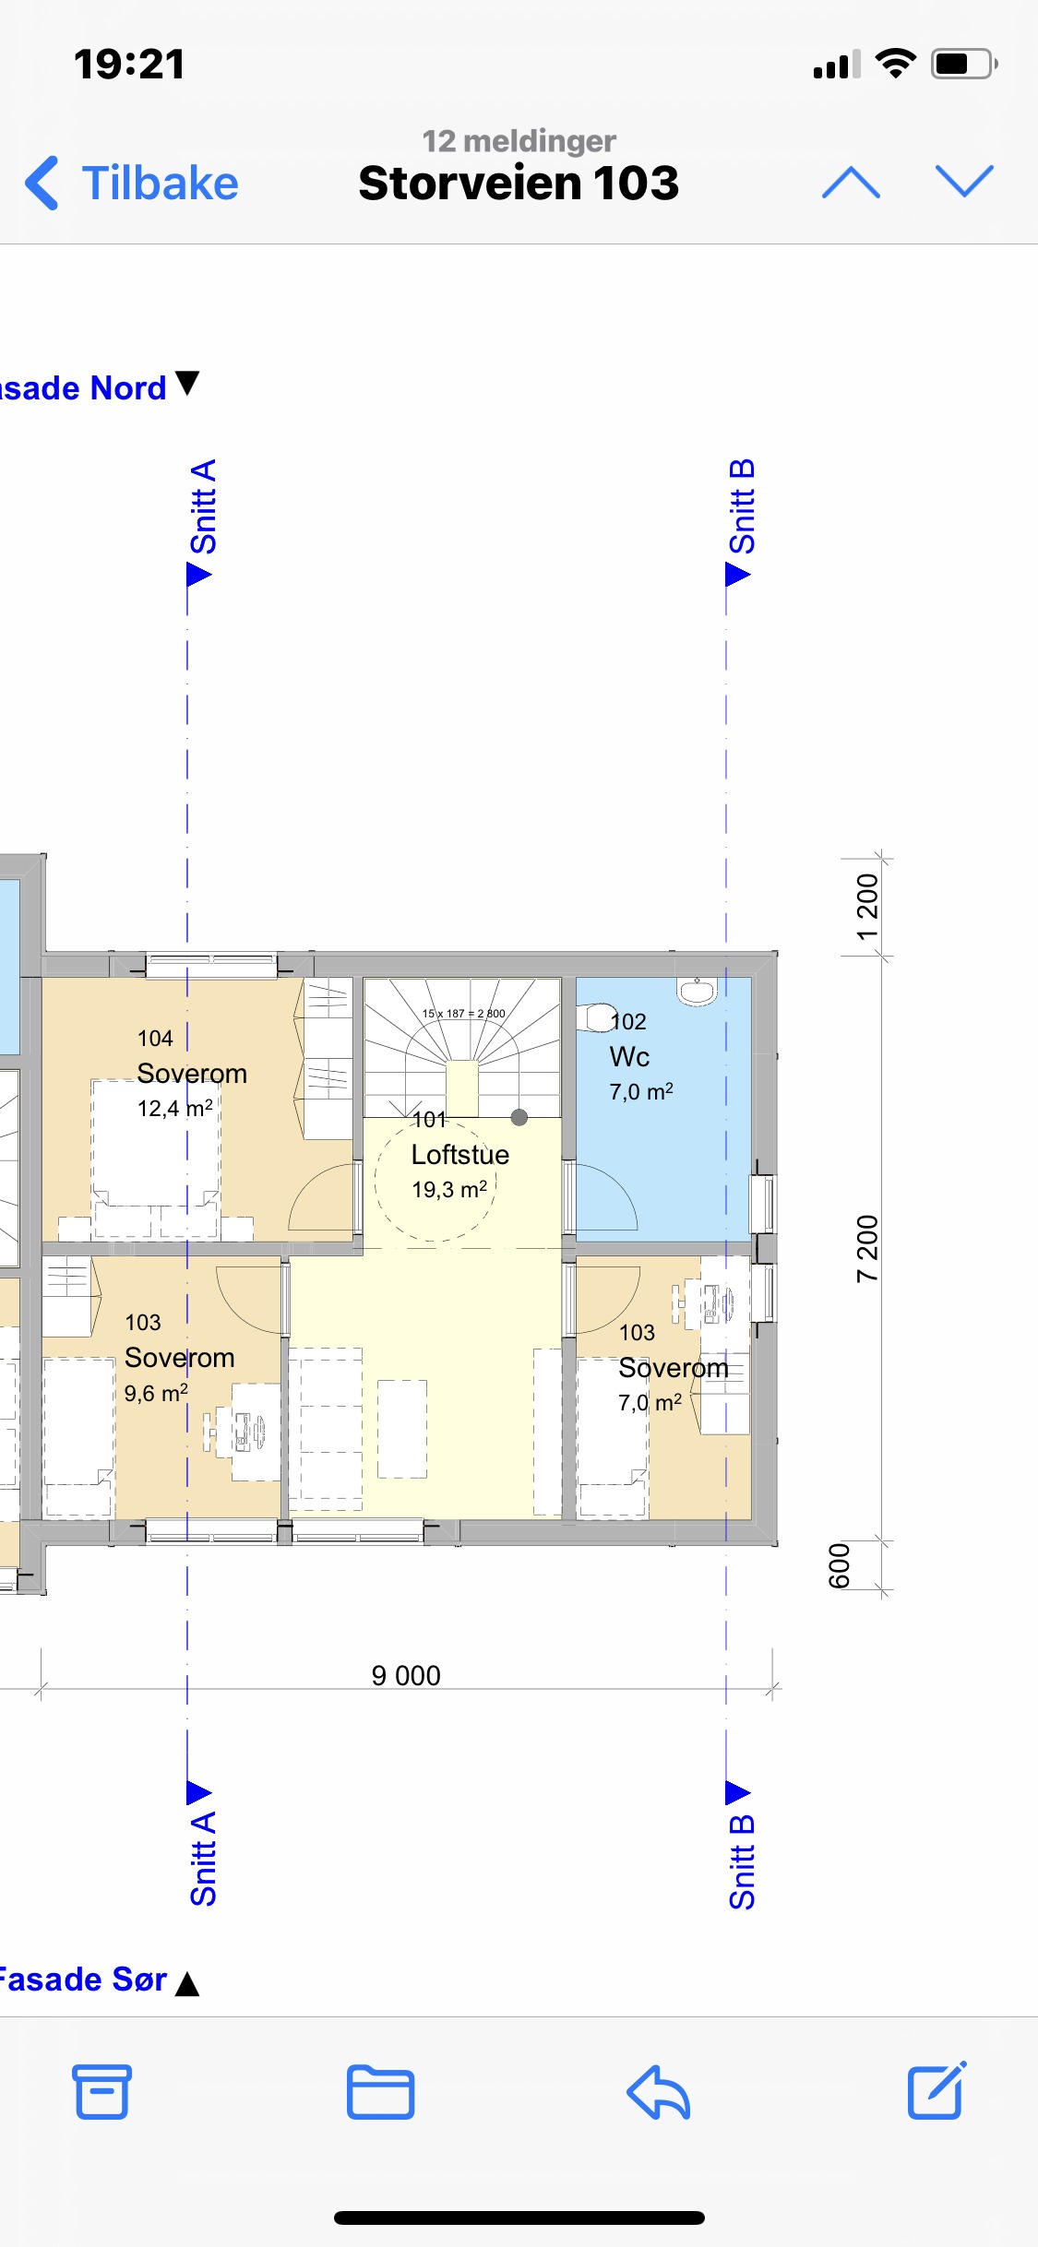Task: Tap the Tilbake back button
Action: pos(132,183)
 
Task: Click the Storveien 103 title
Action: pos(519,183)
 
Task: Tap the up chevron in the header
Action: pos(851,183)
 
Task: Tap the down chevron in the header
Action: pos(964,182)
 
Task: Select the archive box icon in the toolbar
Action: pos(101,2091)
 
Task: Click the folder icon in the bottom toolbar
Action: pos(380,2091)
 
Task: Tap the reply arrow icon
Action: pos(658,2091)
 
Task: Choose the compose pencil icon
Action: pos(937,2089)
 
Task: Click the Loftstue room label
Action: pos(460,1155)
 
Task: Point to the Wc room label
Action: pos(629,1057)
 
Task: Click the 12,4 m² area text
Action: pos(175,1108)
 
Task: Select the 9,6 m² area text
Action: pos(156,1393)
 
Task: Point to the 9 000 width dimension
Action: pos(406,1675)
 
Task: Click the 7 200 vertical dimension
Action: pos(867,1249)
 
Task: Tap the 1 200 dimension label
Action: pos(867,908)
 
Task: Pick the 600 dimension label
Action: pos(839,1566)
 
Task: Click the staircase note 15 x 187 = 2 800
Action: pos(464,1013)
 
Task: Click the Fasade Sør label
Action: pos(83,1979)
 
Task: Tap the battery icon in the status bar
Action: pos(964,64)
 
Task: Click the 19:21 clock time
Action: pos(129,65)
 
